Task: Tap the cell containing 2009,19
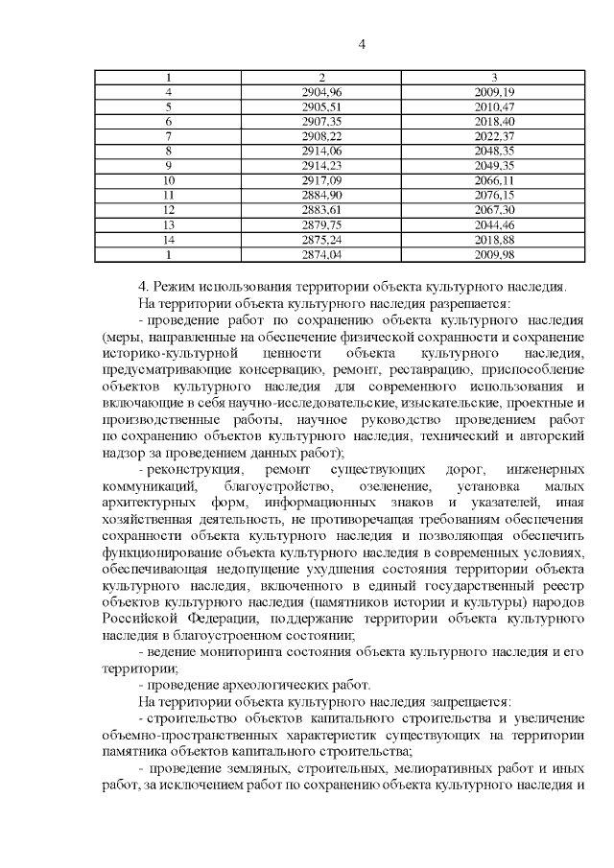point(494,91)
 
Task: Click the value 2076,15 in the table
point(494,195)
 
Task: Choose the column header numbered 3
point(494,77)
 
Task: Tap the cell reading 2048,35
point(494,151)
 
